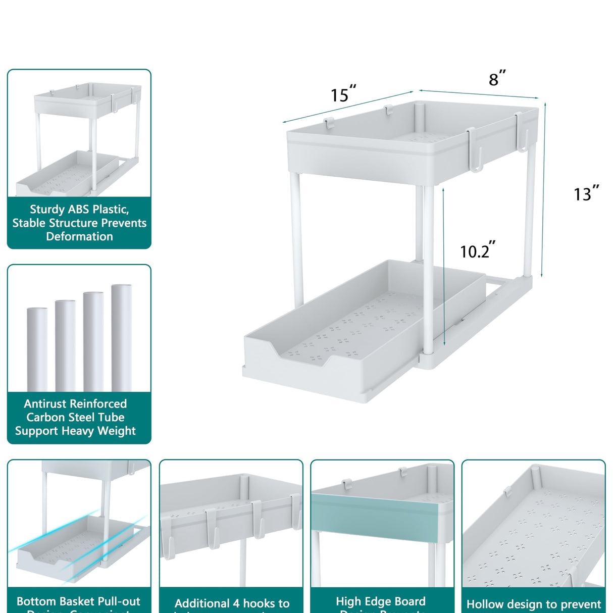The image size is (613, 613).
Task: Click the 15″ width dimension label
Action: [x=343, y=94]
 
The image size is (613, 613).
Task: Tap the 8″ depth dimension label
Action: [x=496, y=79]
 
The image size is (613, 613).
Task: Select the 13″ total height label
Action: [x=586, y=194]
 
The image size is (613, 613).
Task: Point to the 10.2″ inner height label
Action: [x=477, y=251]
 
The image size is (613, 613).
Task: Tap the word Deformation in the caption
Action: [x=79, y=237]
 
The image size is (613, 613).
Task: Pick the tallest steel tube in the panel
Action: [x=121, y=338]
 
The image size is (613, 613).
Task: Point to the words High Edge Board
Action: [x=380, y=601]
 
